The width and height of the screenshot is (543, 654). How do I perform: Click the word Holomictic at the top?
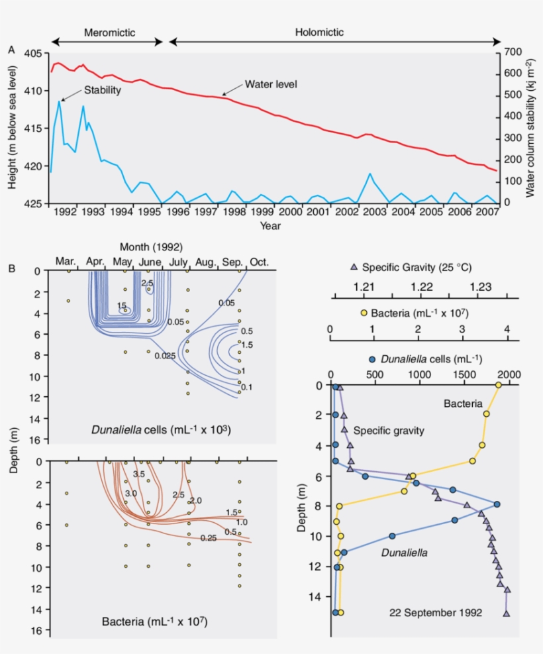[x=319, y=32]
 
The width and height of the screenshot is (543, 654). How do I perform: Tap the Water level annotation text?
[x=271, y=85]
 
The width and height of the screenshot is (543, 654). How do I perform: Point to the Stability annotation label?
[x=102, y=90]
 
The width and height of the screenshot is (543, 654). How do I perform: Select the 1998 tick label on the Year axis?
[x=235, y=211]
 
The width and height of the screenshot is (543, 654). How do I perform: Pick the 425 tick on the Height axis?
[x=33, y=203]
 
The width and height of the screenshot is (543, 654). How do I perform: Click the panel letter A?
[x=11, y=50]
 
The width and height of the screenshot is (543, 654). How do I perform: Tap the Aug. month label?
[x=206, y=262]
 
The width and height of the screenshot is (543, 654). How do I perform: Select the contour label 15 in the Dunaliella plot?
[x=121, y=305]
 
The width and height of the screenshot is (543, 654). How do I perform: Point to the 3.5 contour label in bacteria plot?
[x=138, y=474]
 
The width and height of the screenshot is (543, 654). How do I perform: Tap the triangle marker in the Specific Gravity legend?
[x=354, y=267]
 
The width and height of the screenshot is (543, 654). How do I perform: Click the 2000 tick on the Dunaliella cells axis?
[x=509, y=374]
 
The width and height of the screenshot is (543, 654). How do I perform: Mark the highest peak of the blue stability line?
[x=60, y=101]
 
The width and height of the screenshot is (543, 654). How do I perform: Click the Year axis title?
[x=270, y=226]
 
